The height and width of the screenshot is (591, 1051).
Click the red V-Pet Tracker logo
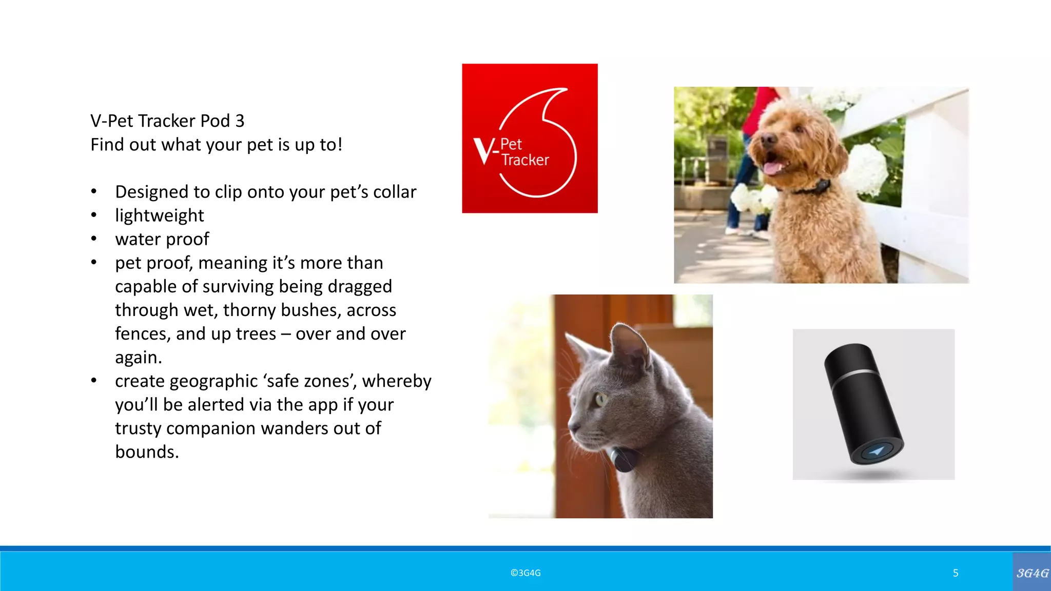point(530,139)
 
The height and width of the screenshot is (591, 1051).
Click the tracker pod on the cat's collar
point(623,460)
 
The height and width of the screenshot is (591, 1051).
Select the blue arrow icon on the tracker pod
point(877,451)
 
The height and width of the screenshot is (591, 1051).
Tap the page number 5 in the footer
point(956,573)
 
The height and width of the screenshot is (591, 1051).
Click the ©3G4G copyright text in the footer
point(525,573)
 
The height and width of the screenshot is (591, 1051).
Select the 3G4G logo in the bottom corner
point(1032,573)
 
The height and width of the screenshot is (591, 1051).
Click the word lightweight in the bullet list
point(159,215)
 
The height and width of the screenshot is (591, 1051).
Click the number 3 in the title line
point(240,121)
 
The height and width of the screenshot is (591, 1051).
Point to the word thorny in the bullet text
point(249,310)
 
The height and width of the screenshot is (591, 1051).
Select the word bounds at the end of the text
point(147,452)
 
